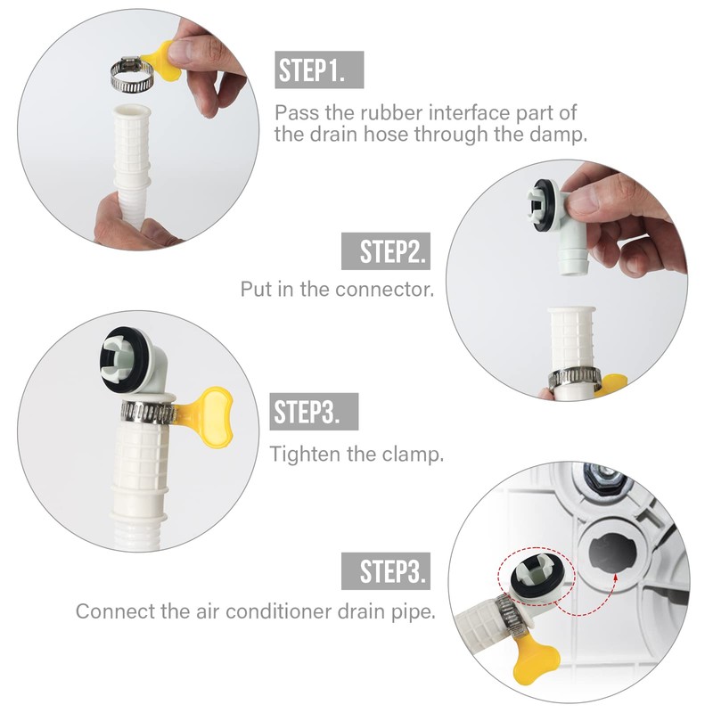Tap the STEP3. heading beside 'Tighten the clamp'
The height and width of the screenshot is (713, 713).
click(314, 412)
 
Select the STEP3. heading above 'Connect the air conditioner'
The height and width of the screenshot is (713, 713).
click(385, 570)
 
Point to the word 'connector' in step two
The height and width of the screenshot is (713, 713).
click(389, 290)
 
